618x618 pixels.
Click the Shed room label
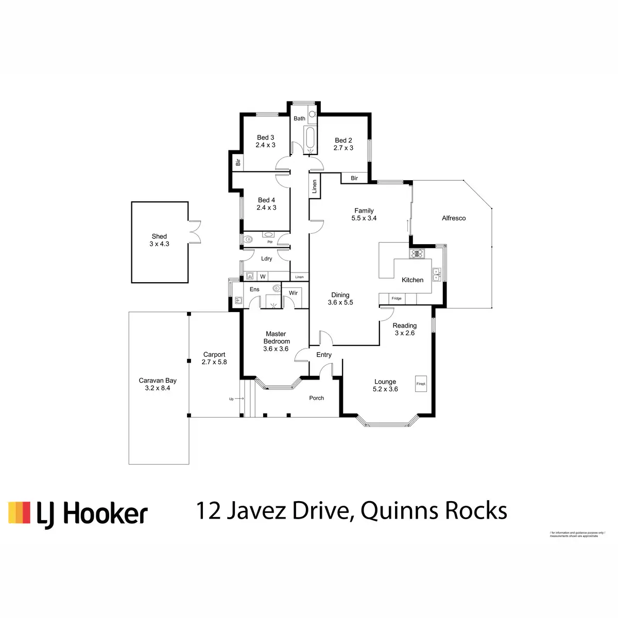159,240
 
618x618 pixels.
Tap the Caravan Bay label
158,384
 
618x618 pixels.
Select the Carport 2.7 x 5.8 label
214,358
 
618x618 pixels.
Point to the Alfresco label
454,218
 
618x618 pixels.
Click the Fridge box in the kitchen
397,298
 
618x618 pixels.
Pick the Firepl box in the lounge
421,384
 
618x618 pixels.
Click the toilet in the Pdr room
249,239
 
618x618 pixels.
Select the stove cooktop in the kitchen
416,253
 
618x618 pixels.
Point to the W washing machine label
263,277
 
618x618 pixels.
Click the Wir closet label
293,293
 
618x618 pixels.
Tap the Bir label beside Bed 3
238,162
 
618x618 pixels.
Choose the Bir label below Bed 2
354,178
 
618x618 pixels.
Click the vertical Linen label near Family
314,186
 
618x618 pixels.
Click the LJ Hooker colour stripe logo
20,512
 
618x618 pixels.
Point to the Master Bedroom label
277,341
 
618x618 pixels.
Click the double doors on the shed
195,232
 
